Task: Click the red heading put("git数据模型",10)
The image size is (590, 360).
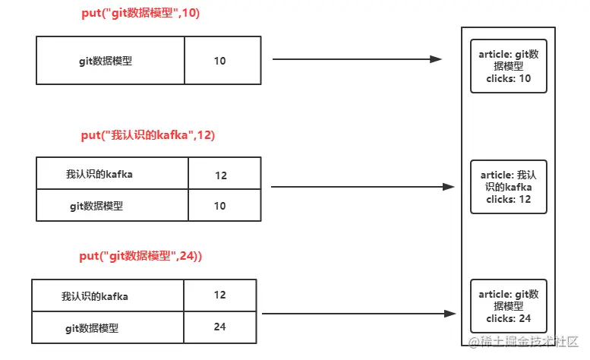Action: [140, 14]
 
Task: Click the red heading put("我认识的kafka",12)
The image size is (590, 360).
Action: [148, 135]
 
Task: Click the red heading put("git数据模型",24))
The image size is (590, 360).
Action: [140, 257]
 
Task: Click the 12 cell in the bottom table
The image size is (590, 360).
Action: [219, 295]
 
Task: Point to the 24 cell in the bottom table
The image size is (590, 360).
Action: [219, 327]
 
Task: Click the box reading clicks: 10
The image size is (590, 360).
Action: [508, 66]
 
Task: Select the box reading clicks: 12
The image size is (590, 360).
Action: [508, 187]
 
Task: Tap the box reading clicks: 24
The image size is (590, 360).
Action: [508, 306]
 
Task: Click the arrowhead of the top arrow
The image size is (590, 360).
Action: [435, 59]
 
